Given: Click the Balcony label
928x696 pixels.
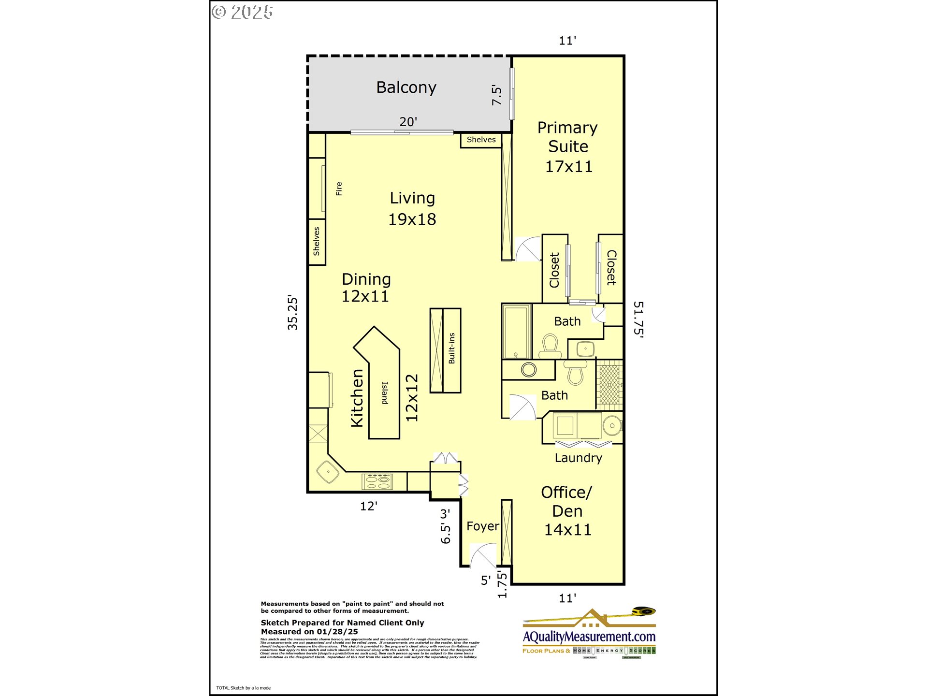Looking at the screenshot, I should tap(406, 87).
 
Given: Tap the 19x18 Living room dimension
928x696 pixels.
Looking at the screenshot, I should tap(412, 219).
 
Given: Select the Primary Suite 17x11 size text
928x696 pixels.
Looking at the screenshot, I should tap(568, 167).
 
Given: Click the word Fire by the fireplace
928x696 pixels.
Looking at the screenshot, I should tap(339, 188).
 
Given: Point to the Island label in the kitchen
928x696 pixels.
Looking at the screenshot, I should tap(385, 393).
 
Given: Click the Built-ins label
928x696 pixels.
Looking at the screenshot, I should tap(451, 348).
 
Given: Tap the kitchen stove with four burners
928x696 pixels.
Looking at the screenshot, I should tap(377, 481).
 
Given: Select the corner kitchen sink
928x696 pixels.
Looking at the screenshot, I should tap(328, 471).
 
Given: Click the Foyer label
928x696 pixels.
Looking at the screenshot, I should tap(482, 526).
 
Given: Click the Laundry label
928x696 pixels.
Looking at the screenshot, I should tap(578, 458).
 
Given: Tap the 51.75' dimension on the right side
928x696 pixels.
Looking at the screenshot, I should tap(638, 319).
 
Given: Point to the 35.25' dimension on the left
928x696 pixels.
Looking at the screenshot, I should tap(292, 312).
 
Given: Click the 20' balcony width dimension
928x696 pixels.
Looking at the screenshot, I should tap(408, 122).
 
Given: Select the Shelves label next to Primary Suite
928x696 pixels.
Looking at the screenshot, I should tap(481, 140).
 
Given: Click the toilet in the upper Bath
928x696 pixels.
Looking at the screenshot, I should tap(550, 346).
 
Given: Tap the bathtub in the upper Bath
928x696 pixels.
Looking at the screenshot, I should tap(516, 331).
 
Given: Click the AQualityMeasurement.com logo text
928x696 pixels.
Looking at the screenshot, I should tap(589, 637).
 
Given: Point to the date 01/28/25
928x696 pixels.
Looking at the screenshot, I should tap(337, 632).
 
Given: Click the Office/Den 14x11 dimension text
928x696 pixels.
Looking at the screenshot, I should tap(567, 530).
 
